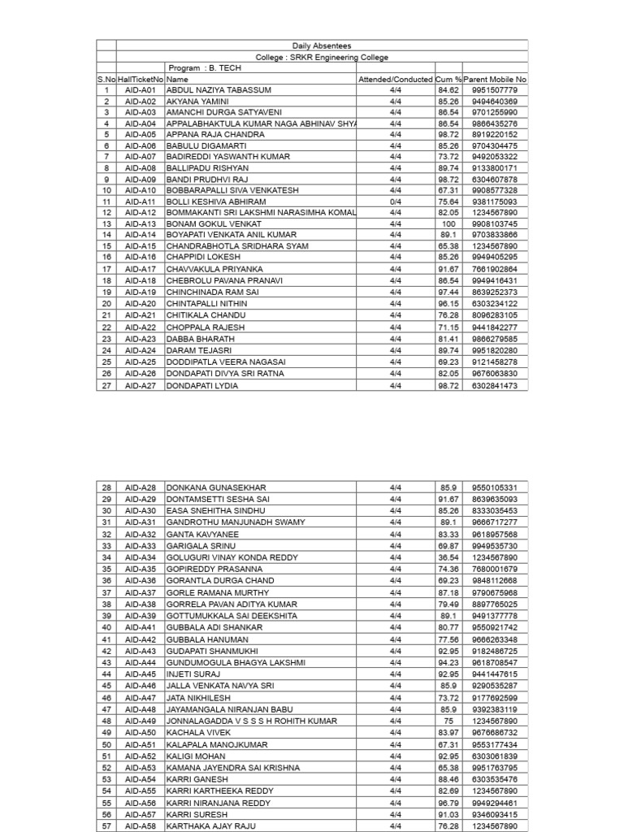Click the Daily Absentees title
pyautogui.click(x=322, y=46)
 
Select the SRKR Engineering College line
pyautogui.click(x=322, y=58)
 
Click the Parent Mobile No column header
pyautogui.click(x=495, y=80)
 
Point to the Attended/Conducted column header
pyautogui.click(x=396, y=80)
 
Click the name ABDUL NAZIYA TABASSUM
pyautogui.click(x=219, y=90)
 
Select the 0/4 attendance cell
pyautogui.click(x=396, y=201)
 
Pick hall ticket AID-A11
pyautogui.click(x=141, y=201)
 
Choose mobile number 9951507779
pyautogui.click(x=495, y=90)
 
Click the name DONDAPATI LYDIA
pyautogui.click(x=202, y=386)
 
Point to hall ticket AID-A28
pyautogui.click(x=141, y=487)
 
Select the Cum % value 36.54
pyautogui.click(x=448, y=557)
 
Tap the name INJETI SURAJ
pyautogui.click(x=193, y=674)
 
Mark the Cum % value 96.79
pyautogui.click(x=448, y=803)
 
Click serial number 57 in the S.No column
pyautogui.click(x=106, y=825)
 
